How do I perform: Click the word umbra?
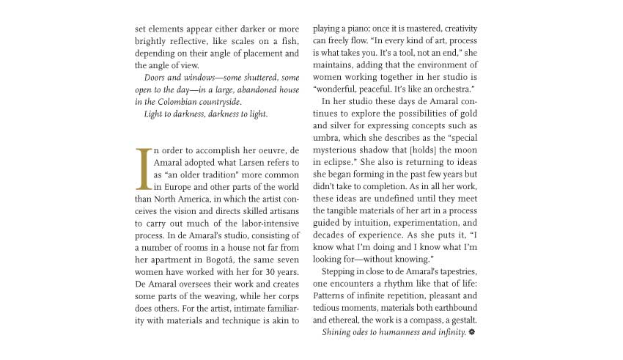click(x=325, y=138)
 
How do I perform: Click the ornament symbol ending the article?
click(x=472, y=332)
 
